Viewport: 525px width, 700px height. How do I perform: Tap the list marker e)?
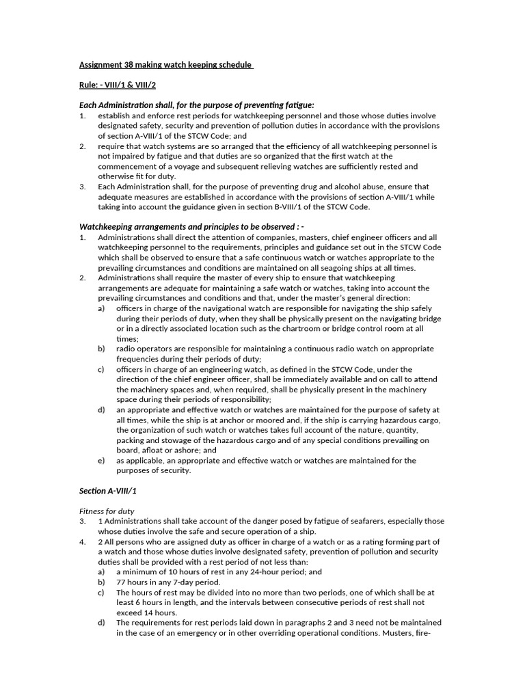tap(101, 461)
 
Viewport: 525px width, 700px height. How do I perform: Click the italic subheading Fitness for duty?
tap(107, 511)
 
